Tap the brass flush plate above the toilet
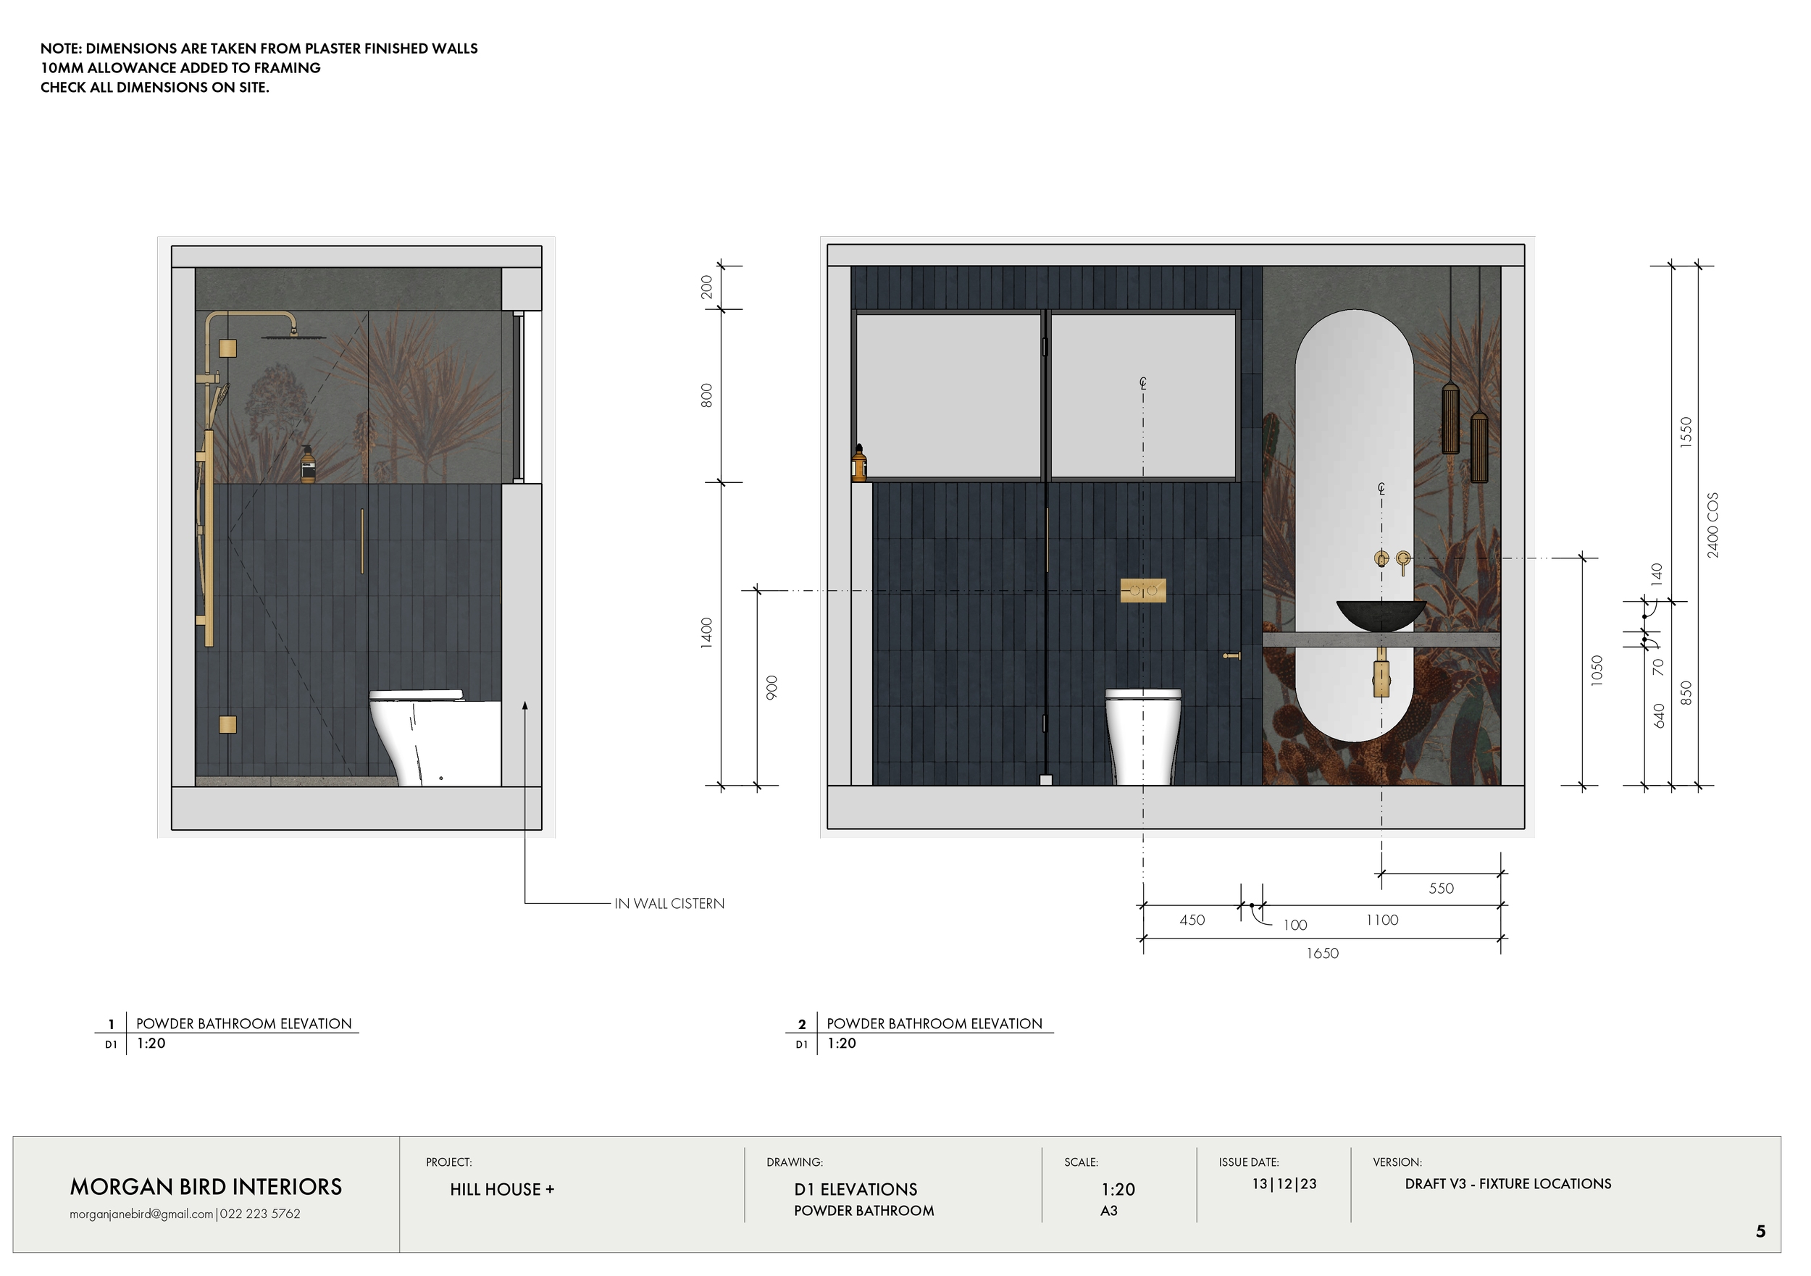click(x=1143, y=590)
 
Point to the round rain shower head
click(x=293, y=337)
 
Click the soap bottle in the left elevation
click(x=308, y=466)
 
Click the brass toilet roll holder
click(x=1231, y=655)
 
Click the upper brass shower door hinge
click(x=227, y=348)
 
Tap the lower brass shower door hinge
click(x=227, y=724)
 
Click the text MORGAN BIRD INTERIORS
click(x=206, y=1187)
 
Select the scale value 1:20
click(x=1118, y=1189)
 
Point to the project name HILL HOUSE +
click(x=502, y=1189)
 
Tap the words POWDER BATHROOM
click(x=863, y=1211)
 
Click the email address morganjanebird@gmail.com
click(x=141, y=1214)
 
